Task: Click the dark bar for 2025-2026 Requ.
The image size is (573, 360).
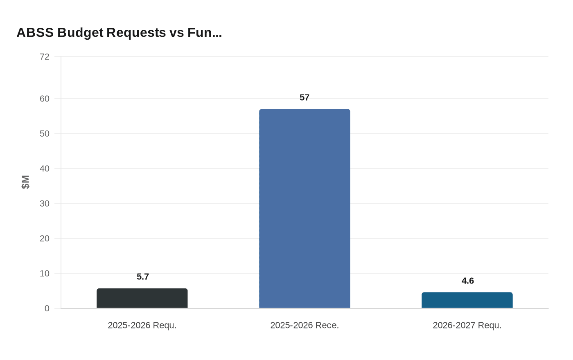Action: tap(142, 298)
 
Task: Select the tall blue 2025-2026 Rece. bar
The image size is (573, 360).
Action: tap(305, 209)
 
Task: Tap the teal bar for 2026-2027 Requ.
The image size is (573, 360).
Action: tap(467, 300)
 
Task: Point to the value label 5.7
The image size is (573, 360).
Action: tap(143, 277)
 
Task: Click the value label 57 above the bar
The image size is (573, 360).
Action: tap(305, 98)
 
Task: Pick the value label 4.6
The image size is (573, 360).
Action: tap(467, 281)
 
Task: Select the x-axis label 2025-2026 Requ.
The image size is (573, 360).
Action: tap(142, 326)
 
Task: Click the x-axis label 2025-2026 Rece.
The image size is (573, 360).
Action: tap(305, 326)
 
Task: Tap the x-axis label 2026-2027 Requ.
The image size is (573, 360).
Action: tap(467, 326)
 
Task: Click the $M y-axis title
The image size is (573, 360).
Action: tap(25, 182)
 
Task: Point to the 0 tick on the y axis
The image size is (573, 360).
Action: tap(47, 308)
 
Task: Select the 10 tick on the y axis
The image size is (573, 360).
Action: tap(45, 274)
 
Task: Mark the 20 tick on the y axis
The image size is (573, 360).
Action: tap(45, 239)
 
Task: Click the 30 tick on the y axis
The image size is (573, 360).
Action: tap(45, 204)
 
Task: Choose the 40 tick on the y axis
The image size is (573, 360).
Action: tap(45, 169)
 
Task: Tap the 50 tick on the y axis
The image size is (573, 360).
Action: tap(45, 134)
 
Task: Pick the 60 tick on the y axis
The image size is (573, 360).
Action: tap(45, 99)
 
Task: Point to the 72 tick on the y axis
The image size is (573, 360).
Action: tap(45, 57)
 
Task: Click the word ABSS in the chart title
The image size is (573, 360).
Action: tap(35, 32)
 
